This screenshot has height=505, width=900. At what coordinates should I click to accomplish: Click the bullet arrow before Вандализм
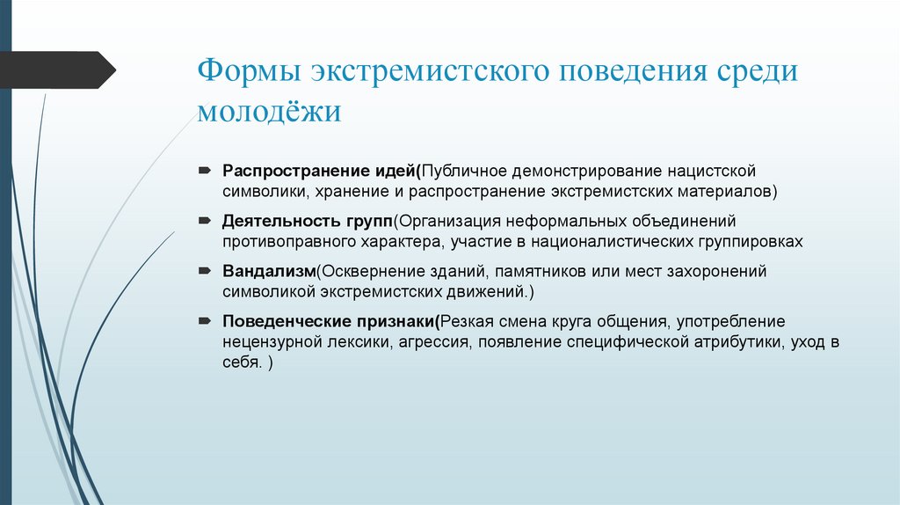click(x=203, y=271)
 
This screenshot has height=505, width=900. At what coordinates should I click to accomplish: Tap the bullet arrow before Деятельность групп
click(x=203, y=220)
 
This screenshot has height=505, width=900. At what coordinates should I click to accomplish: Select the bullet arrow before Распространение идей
click(x=203, y=169)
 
